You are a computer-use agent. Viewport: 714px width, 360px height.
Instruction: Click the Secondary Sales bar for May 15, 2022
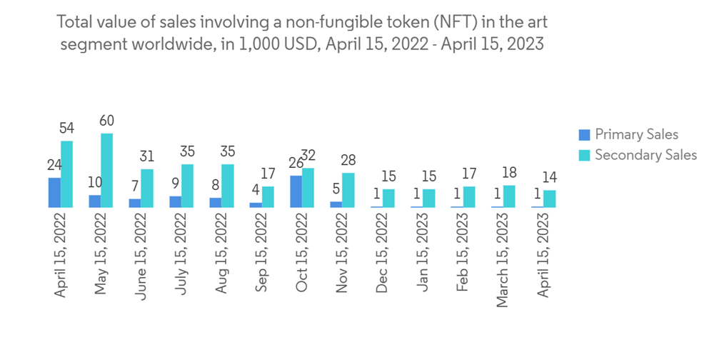(x=106, y=171)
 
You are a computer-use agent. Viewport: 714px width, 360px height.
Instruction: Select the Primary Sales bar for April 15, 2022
(x=54, y=192)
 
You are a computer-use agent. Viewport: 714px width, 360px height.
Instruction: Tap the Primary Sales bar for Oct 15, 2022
(x=296, y=191)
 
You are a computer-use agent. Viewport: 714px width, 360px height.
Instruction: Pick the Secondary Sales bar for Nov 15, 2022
(x=348, y=190)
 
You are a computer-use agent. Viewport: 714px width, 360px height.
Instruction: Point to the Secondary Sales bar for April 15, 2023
(x=549, y=199)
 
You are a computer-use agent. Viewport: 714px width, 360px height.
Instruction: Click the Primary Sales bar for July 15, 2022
(x=175, y=201)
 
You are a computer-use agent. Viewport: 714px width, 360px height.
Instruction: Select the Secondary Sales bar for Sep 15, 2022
(x=267, y=197)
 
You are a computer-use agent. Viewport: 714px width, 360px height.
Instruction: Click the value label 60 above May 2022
(x=106, y=121)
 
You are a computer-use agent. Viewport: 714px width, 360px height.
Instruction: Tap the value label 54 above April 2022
(x=66, y=128)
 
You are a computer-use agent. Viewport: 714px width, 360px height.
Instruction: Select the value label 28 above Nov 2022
(x=348, y=160)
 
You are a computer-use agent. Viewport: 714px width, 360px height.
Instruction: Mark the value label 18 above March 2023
(x=509, y=172)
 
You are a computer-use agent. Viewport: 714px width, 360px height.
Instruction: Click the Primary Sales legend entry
(x=628, y=134)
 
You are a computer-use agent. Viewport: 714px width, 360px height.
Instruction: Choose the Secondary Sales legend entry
(x=638, y=154)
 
